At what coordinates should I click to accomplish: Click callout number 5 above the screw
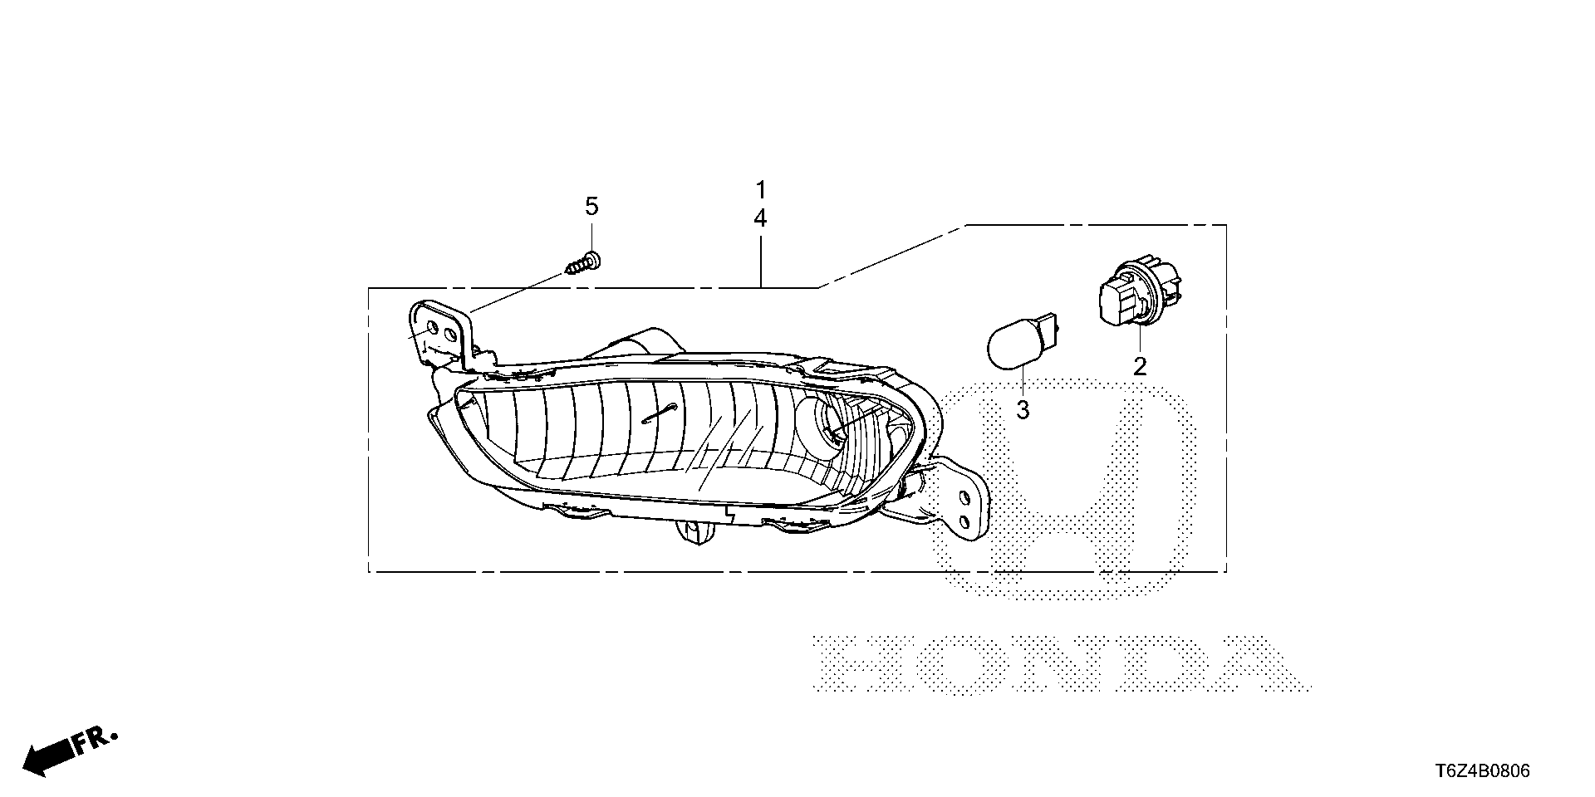pos(591,206)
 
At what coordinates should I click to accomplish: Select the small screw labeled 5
pos(585,264)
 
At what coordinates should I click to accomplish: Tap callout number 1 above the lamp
pos(760,188)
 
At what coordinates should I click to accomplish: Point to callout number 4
pos(760,218)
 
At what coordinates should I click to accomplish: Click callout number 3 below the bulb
pos(1023,409)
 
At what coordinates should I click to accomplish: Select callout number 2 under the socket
pos(1140,365)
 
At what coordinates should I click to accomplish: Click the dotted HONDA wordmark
pos(1059,664)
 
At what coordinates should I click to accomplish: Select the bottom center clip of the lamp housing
pos(694,531)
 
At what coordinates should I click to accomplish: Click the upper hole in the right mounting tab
pos(964,497)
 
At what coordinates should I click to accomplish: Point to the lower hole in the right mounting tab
pos(964,521)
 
